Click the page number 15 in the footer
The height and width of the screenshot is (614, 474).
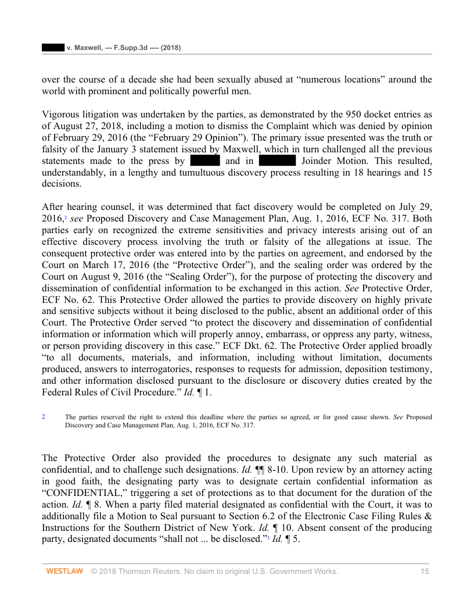point(425,572)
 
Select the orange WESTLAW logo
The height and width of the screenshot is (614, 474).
point(64,572)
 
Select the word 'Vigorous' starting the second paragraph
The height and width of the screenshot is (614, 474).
point(61,115)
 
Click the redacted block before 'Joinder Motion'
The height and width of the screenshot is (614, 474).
point(277,161)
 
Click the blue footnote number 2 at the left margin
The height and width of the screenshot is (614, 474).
point(44,416)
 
